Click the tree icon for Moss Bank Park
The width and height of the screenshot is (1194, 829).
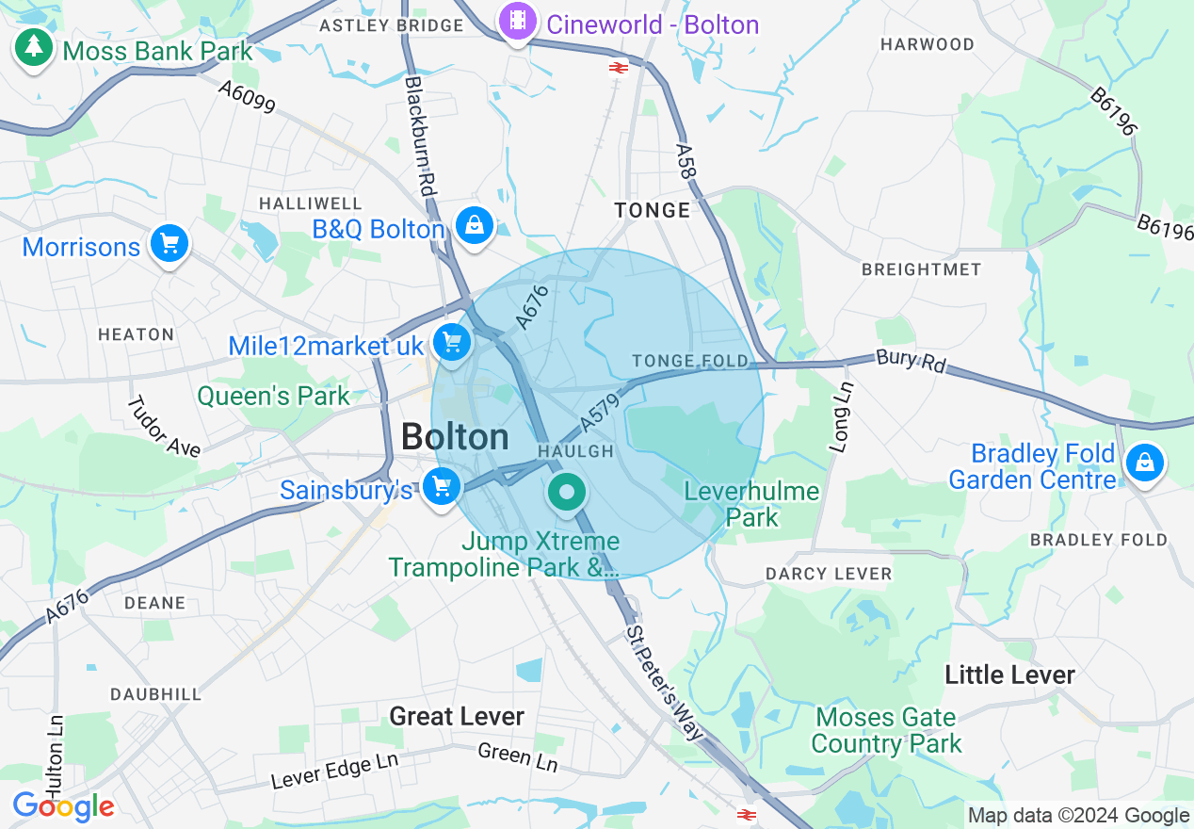(34, 47)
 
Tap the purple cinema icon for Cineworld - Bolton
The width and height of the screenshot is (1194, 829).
(517, 21)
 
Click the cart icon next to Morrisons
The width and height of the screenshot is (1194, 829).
(169, 245)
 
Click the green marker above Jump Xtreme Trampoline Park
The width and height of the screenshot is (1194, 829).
(566, 493)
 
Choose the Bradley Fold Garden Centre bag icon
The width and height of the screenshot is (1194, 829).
(1144, 463)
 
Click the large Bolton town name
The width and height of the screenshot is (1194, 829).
(455, 437)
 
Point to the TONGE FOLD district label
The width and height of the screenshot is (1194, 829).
(690, 362)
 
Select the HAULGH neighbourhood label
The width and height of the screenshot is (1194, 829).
(575, 452)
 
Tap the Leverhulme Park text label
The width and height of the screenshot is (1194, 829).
(751, 504)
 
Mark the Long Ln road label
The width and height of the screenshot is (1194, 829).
(843, 416)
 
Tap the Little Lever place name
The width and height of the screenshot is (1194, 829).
(1009, 675)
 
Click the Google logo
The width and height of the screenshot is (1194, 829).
(63, 806)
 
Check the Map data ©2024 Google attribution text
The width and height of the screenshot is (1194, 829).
(1078, 816)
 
